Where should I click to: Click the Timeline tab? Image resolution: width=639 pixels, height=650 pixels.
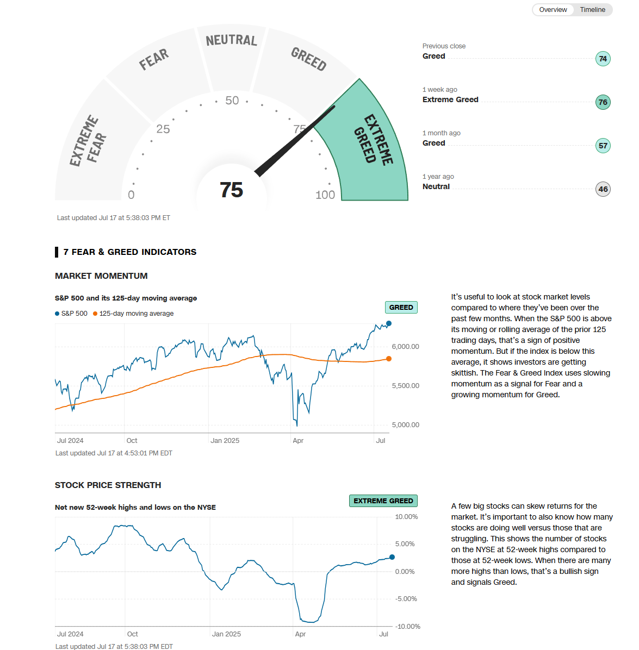pyautogui.click(x=592, y=10)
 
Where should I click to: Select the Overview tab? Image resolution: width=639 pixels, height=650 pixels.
pyautogui.click(x=553, y=10)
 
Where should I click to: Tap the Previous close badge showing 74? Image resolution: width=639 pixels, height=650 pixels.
pyautogui.click(x=603, y=59)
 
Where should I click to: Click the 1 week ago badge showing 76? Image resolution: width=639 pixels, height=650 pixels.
pyautogui.click(x=603, y=102)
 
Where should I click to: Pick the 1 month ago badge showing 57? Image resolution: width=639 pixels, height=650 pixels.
pyautogui.click(x=603, y=146)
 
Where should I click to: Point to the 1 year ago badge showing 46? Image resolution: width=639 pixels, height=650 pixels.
pyautogui.click(x=603, y=189)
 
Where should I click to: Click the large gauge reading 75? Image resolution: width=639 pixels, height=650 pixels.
pyautogui.click(x=231, y=190)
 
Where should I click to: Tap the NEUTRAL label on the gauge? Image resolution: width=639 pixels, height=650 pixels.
pyautogui.click(x=231, y=40)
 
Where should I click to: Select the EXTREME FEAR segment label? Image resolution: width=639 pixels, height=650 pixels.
pyautogui.click(x=88, y=141)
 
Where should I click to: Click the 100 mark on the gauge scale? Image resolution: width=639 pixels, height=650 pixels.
pyautogui.click(x=325, y=195)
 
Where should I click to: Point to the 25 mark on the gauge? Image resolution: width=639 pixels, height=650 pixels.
pyautogui.click(x=163, y=129)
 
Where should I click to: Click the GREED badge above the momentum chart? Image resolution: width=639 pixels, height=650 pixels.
pyautogui.click(x=401, y=308)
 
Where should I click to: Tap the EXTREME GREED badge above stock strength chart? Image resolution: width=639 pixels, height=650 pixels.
pyautogui.click(x=383, y=501)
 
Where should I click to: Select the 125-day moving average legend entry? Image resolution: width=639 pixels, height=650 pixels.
pyautogui.click(x=133, y=314)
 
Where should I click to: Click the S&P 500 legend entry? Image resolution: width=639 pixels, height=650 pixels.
pyautogui.click(x=71, y=314)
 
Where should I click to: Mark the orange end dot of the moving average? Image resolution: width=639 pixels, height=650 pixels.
pyautogui.click(x=389, y=359)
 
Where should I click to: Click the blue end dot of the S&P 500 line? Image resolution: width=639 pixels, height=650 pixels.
pyautogui.click(x=389, y=323)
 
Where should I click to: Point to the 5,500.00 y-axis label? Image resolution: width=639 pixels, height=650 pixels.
pyautogui.click(x=405, y=386)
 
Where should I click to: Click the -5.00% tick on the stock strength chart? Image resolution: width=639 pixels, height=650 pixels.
pyautogui.click(x=406, y=599)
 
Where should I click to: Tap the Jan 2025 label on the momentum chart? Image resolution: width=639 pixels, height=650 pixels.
pyautogui.click(x=225, y=441)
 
